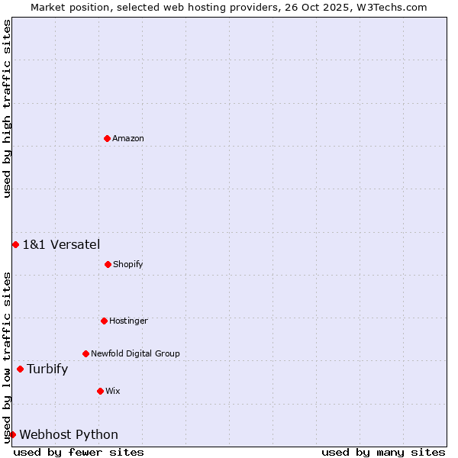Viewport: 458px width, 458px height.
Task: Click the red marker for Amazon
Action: tap(107, 138)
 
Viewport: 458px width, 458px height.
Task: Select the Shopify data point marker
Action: tap(108, 264)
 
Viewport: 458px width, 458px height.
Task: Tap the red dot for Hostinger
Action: tap(104, 321)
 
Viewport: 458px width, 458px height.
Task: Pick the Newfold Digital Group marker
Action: tap(85, 353)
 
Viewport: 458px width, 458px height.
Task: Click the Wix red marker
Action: tap(100, 391)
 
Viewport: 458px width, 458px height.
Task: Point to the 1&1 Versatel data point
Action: tap(15, 244)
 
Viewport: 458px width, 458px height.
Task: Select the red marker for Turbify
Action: tap(20, 369)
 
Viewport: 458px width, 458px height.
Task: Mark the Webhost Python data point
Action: tap(12, 434)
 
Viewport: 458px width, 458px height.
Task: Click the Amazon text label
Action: tap(128, 138)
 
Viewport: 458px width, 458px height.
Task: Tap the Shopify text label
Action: tap(128, 264)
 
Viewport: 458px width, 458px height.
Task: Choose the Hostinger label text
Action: tap(128, 321)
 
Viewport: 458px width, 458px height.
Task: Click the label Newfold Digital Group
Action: tap(135, 353)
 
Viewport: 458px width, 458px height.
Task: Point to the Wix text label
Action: tap(113, 391)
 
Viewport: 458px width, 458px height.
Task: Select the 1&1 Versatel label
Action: tap(61, 244)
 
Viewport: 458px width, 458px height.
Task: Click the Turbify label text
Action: tap(47, 369)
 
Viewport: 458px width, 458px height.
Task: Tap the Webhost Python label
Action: tap(69, 434)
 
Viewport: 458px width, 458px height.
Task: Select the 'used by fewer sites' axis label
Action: tap(79, 452)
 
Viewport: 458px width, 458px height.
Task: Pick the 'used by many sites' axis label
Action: tap(383, 452)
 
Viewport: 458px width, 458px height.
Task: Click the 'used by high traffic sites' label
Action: tap(7, 108)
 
